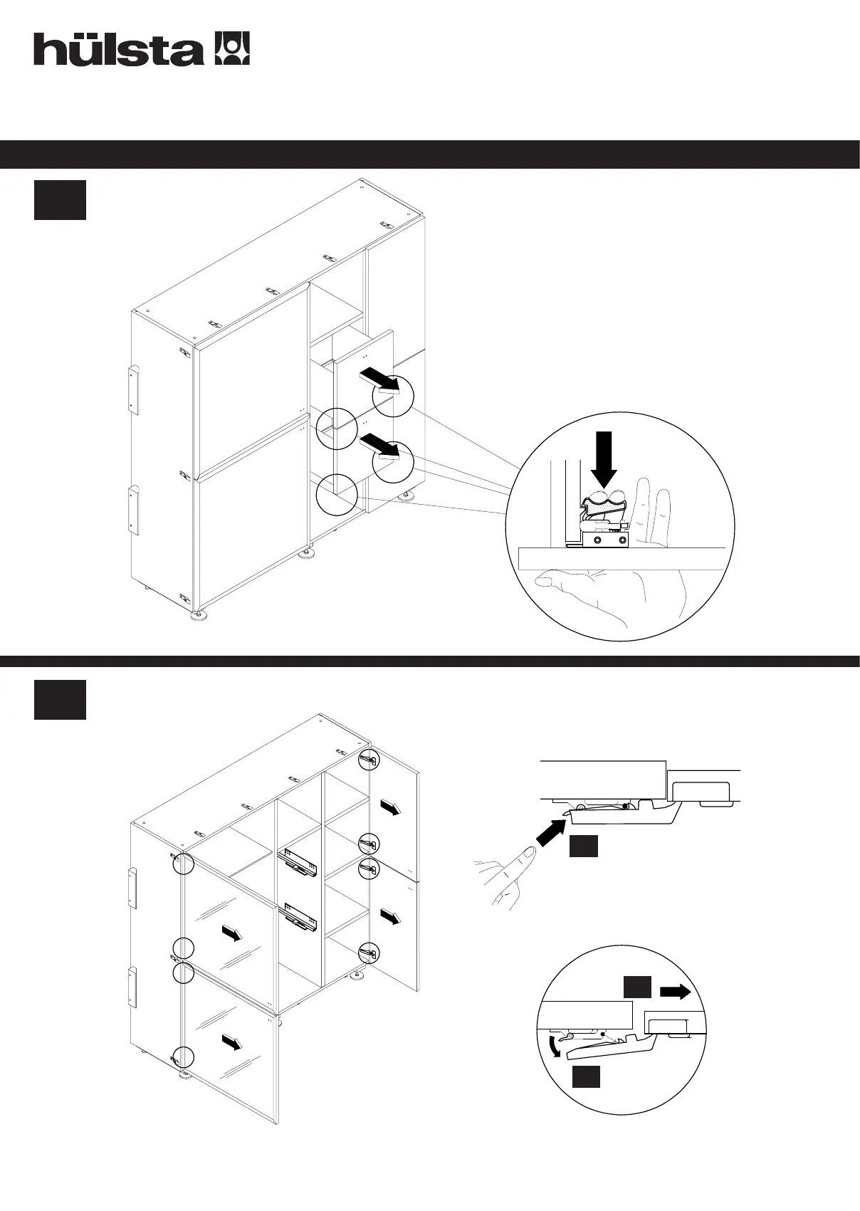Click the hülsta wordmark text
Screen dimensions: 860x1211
click(117, 50)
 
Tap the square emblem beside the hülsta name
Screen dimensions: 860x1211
click(232, 49)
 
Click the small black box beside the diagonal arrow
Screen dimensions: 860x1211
click(583, 846)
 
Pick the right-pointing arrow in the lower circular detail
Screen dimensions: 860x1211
click(676, 992)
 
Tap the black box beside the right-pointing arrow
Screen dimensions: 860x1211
click(637, 987)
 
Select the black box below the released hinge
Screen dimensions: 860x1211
click(585, 1077)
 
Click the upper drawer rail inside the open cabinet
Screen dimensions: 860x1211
click(300, 861)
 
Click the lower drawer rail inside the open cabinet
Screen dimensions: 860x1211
click(300, 918)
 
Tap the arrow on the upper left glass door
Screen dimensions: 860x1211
click(231, 933)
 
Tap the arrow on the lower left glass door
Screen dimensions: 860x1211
click(231, 1042)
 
